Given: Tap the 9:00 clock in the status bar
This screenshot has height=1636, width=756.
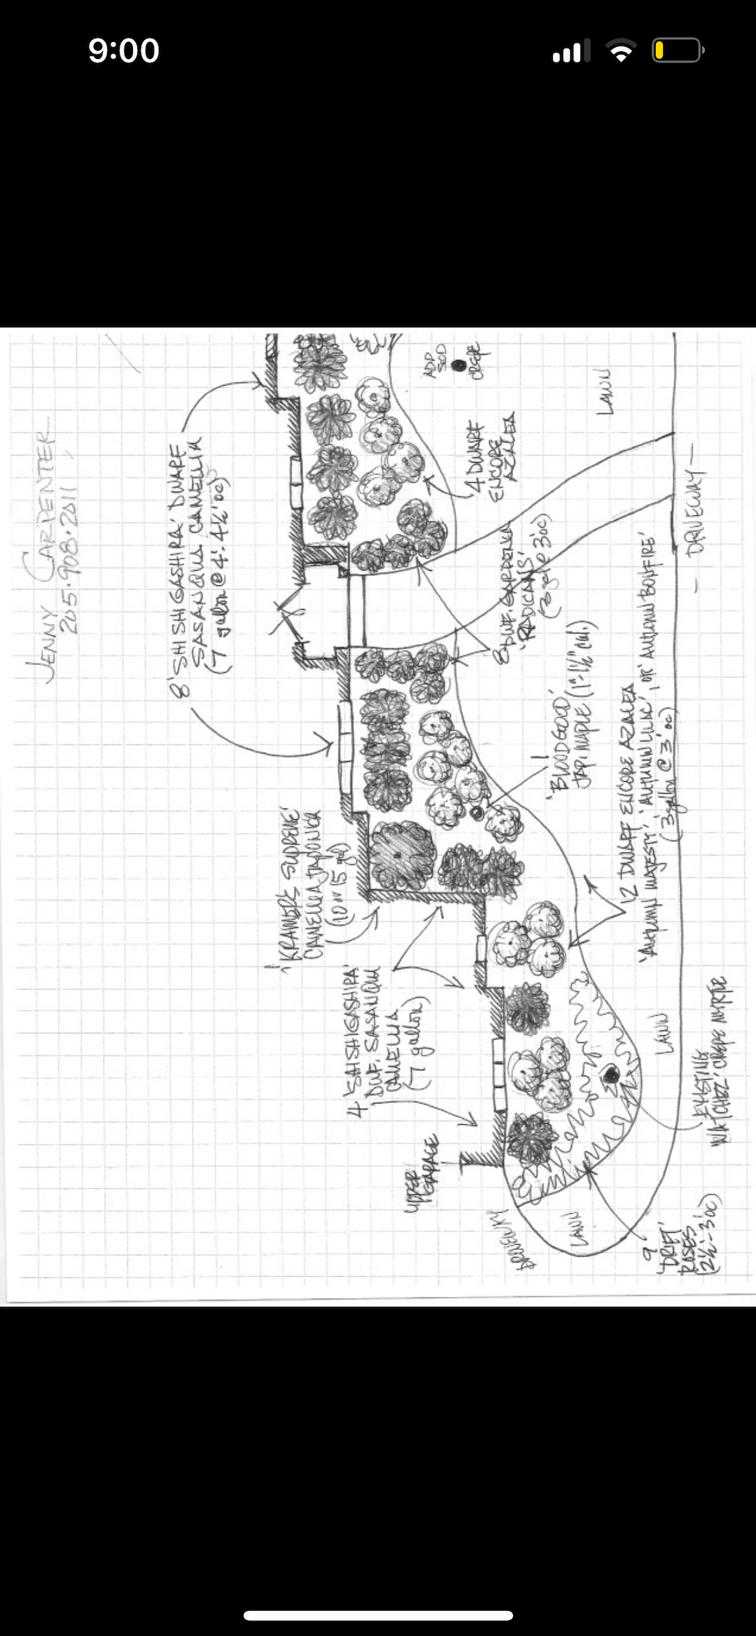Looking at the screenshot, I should [124, 51].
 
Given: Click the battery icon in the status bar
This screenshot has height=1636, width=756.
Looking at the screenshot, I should [677, 50].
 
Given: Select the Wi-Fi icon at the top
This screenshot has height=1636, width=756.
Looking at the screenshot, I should [619, 50].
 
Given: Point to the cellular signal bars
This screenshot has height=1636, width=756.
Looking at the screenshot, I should [570, 51].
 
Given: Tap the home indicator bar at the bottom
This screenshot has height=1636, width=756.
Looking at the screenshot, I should [378, 1615].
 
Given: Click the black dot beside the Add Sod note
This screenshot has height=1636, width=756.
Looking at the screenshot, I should [458, 365].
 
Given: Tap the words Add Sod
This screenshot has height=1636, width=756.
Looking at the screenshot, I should [436, 361].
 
